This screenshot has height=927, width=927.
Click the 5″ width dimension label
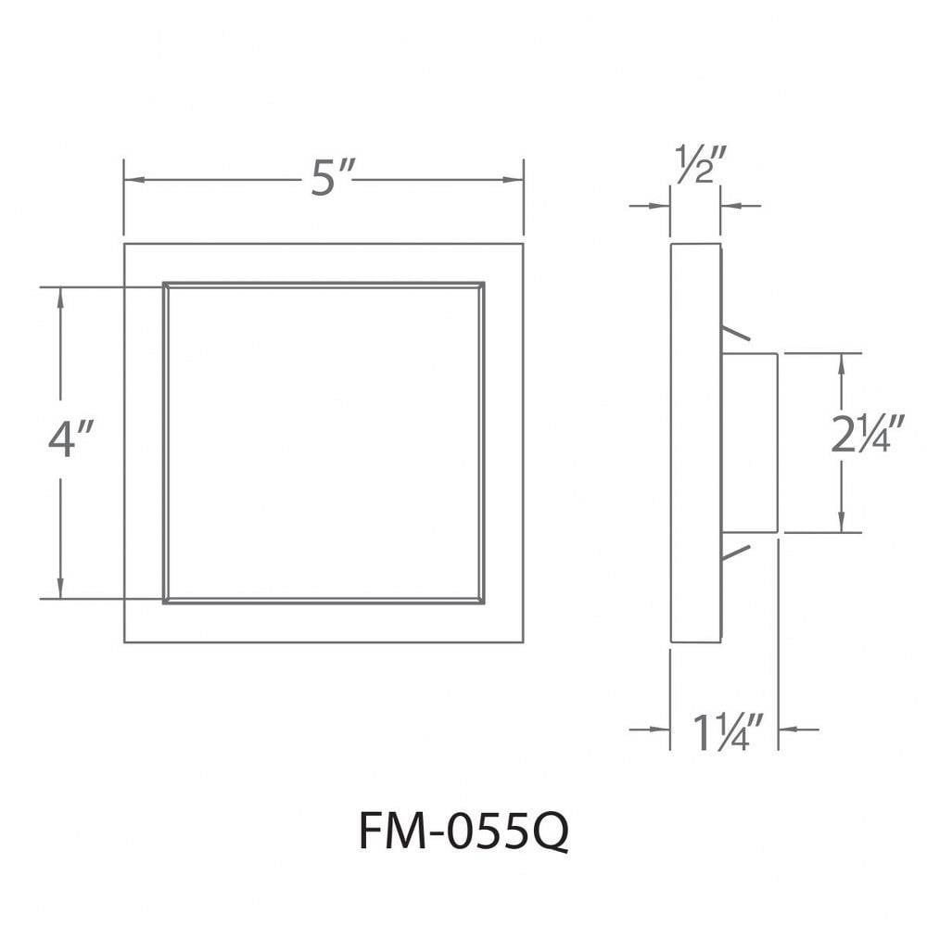click(x=331, y=179)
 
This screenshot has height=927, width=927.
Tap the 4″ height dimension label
click(x=70, y=438)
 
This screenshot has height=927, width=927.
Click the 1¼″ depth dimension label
click(x=728, y=732)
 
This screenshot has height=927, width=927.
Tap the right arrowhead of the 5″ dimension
click(x=513, y=180)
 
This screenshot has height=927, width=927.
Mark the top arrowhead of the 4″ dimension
click(x=60, y=298)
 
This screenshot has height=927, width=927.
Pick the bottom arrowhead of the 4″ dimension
click(x=60, y=588)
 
